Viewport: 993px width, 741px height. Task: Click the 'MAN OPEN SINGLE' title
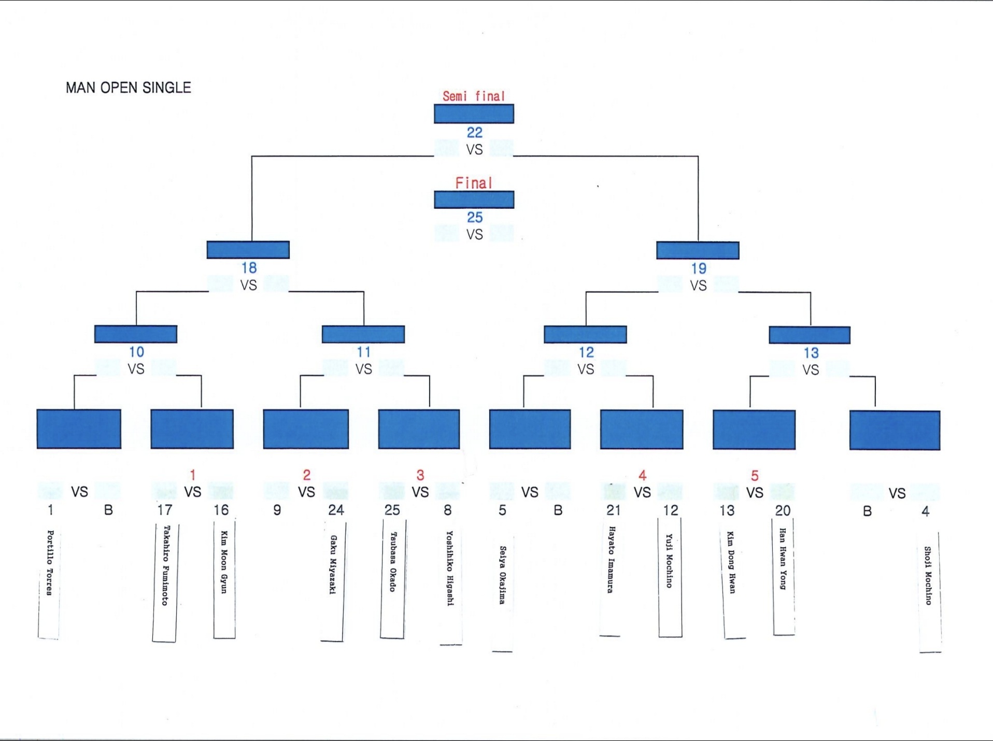coord(128,88)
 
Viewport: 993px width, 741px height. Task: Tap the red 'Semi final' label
coord(473,96)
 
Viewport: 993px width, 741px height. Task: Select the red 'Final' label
coord(474,183)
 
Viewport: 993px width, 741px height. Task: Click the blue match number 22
coord(474,133)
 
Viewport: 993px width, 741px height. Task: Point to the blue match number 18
coord(249,268)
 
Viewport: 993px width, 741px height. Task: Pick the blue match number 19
coord(699,268)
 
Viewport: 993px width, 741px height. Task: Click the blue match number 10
coord(136,352)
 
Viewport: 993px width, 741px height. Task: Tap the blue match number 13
coord(811,353)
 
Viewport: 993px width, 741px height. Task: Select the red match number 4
coord(643,475)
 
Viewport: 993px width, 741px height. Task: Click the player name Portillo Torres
coord(50,562)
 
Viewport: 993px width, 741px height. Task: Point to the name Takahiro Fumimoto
coord(165,565)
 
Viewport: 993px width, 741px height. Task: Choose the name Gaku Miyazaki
coord(333,565)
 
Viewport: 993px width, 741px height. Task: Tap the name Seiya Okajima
coord(502,575)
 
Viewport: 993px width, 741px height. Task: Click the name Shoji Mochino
coord(928,576)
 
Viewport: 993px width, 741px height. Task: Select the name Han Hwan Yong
coord(783,559)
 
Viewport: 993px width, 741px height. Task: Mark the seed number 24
coord(336,510)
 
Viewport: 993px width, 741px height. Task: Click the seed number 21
coord(614,510)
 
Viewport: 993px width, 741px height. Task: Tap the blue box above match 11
coord(363,334)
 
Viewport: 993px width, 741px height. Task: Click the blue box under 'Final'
coord(474,199)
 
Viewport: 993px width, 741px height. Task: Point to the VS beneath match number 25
coord(474,235)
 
